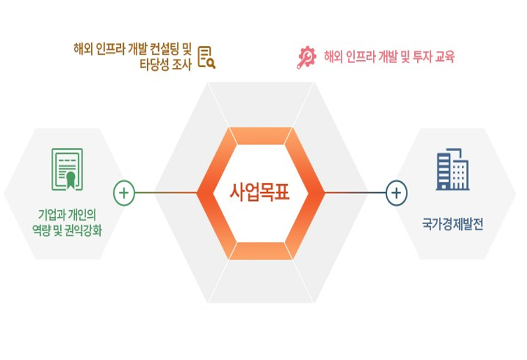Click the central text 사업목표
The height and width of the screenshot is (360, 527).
click(x=259, y=193)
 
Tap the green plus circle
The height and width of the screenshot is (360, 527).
click(x=124, y=193)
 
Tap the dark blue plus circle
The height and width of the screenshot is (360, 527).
click(x=397, y=193)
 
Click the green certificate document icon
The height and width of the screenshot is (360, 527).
click(x=67, y=169)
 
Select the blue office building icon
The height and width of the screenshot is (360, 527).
click(x=452, y=169)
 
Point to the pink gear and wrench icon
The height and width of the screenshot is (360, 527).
click(x=307, y=57)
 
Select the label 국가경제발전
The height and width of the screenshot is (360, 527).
click(x=452, y=224)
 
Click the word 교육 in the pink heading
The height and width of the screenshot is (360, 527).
click(x=444, y=57)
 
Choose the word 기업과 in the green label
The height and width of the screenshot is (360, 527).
click(x=51, y=215)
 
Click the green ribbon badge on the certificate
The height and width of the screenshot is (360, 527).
click(x=71, y=180)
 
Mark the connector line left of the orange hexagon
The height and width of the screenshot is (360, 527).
click(x=167, y=193)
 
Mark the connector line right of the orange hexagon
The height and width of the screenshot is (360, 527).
click(x=355, y=193)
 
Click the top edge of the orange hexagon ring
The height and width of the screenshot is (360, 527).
click(x=260, y=136)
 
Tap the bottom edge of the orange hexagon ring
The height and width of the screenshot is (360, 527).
click(x=260, y=251)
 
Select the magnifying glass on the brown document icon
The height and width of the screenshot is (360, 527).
click(x=211, y=64)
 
